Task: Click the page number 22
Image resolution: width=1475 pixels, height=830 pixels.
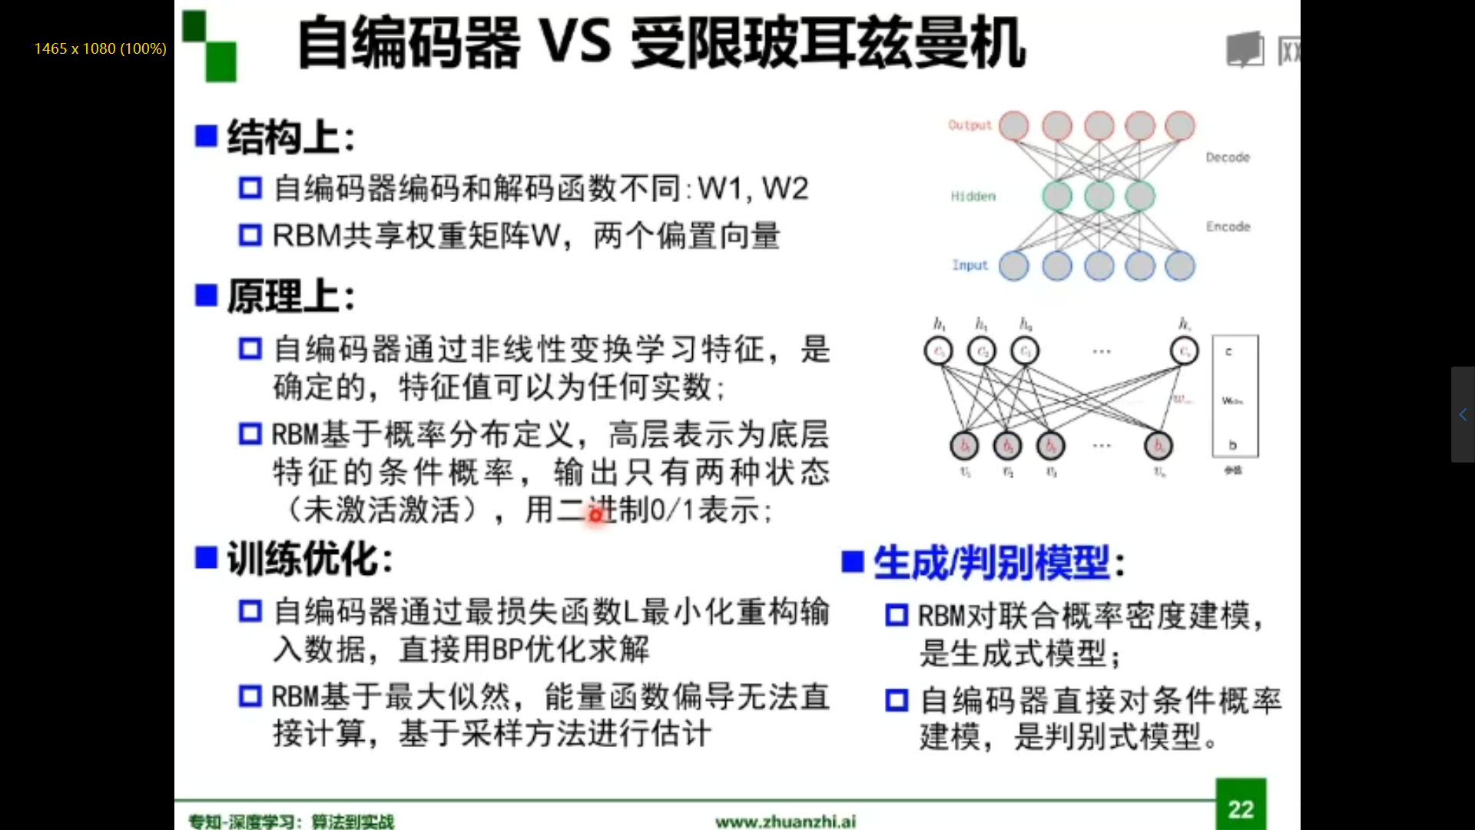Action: point(1241,808)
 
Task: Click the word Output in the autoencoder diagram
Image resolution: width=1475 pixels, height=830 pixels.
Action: point(970,125)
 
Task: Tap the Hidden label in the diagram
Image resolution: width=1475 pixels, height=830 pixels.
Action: point(973,197)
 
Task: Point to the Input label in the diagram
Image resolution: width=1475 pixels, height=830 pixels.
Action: point(970,265)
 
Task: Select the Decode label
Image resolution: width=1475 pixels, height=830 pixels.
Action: point(1227,158)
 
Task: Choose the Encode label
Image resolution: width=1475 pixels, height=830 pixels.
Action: point(1228,227)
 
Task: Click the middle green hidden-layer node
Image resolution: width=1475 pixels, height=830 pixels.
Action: point(1099,196)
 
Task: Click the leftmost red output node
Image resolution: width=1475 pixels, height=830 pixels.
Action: point(1014,126)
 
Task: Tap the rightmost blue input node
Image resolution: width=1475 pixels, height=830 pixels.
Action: point(1180,266)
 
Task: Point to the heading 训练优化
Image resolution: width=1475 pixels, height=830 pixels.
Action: point(309,559)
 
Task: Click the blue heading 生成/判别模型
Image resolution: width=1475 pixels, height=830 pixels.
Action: point(991,563)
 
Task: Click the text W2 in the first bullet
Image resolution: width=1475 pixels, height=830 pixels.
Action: point(784,188)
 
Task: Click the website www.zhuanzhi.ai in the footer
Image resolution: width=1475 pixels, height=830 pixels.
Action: point(785,822)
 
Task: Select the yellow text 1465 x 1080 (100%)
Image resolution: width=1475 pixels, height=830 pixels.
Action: point(100,48)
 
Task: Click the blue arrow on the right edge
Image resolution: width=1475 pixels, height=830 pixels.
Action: point(1463,415)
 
